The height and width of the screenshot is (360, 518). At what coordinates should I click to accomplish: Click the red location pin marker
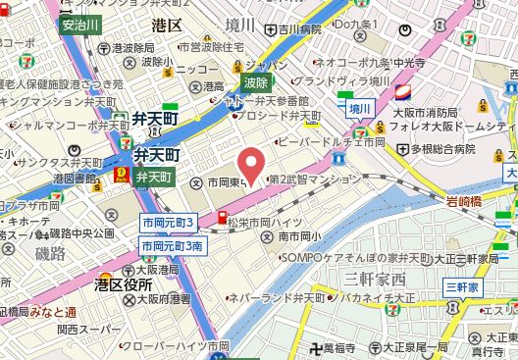tap(252, 164)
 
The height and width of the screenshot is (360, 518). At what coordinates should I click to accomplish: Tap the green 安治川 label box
tap(79, 25)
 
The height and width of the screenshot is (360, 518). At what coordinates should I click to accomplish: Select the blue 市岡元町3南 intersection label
tap(173, 245)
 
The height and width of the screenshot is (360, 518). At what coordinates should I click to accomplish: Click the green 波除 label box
tap(256, 83)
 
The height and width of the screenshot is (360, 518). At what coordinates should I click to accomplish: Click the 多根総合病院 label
tap(442, 149)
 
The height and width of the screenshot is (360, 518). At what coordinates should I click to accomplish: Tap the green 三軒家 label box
tap(460, 286)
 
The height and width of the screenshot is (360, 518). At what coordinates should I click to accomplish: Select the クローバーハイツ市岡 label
tap(179, 346)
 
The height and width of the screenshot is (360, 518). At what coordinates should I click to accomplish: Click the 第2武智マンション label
tap(314, 180)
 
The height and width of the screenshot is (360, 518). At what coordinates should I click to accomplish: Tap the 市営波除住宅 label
tap(215, 46)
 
